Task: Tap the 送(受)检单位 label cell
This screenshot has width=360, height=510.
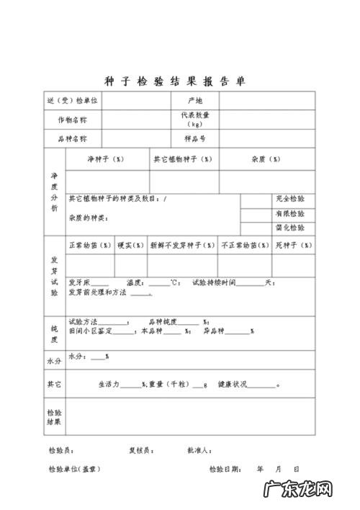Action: click(x=72, y=101)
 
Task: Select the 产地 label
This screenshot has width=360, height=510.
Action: click(x=195, y=101)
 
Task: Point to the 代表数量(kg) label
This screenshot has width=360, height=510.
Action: click(x=195, y=120)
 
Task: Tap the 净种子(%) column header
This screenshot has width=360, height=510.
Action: click(x=107, y=159)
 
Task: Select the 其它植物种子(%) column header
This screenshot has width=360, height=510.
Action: click(x=183, y=159)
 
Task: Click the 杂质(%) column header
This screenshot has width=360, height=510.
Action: click(x=266, y=159)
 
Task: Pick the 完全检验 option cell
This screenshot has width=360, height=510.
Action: click(x=289, y=198)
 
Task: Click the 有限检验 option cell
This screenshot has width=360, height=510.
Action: click(x=289, y=214)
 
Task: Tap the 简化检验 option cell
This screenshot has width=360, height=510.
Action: click(x=289, y=228)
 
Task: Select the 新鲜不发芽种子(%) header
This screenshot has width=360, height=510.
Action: click(x=182, y=246)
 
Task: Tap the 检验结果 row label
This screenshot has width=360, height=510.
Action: click(x=54, y=416)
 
